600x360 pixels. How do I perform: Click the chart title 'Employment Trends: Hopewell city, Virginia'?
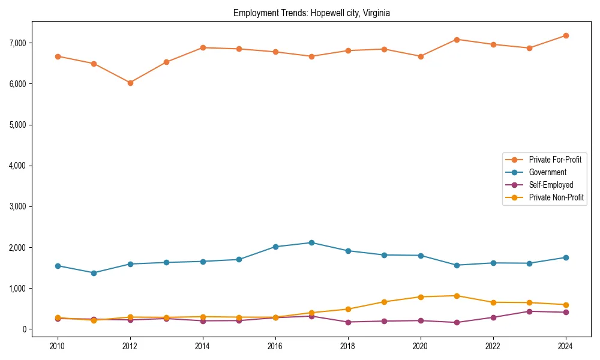pyautogui.click(x=311, y=13)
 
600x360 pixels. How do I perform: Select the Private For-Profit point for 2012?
pyautogui.click(x=130, y=83)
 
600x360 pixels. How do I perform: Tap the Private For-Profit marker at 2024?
pyautogui.click(x=565, y=35)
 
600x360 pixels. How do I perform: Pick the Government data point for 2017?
pyautogui.click(x=311, y=242)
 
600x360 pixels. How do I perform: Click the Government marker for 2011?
pyautogui.click(x=94, y=273)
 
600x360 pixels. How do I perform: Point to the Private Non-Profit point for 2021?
pyautogui.click(x=457, y=296)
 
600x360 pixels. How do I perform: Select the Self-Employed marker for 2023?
pyautogui.click(x=529, y=311)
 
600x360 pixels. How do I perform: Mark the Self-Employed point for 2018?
pyautogui.click(x=348, y=322)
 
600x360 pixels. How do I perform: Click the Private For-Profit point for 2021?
pyautogui.click(x=457, y=40)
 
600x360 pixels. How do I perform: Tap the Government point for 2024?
pyautogui.click(x=565, y=257)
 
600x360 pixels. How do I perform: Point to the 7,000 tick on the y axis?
pyautogui.click(x=17, y=43)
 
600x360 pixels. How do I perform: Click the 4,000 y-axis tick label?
pyautogui.click(x=17, y=166)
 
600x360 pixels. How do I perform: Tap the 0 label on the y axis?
pyautogui.click(x=25, y=329)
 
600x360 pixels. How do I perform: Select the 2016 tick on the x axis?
pyautogui.click(x=275, y=346)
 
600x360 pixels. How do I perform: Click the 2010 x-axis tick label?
pyautogui.click(x=58, y=346)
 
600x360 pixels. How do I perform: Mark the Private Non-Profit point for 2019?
pyautogui.click(x=384, y=302)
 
